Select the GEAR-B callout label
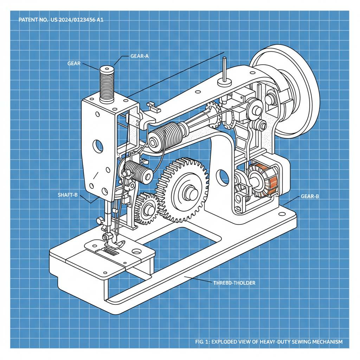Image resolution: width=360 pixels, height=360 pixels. (x=310, y=197)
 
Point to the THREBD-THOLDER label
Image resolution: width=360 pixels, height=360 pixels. (x=234, y=283)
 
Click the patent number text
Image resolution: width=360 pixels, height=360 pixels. (x=60, y=20)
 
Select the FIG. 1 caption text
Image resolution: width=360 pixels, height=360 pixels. (x=269, y=342)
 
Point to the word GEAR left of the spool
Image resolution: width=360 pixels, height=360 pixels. (x=74, y=63)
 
